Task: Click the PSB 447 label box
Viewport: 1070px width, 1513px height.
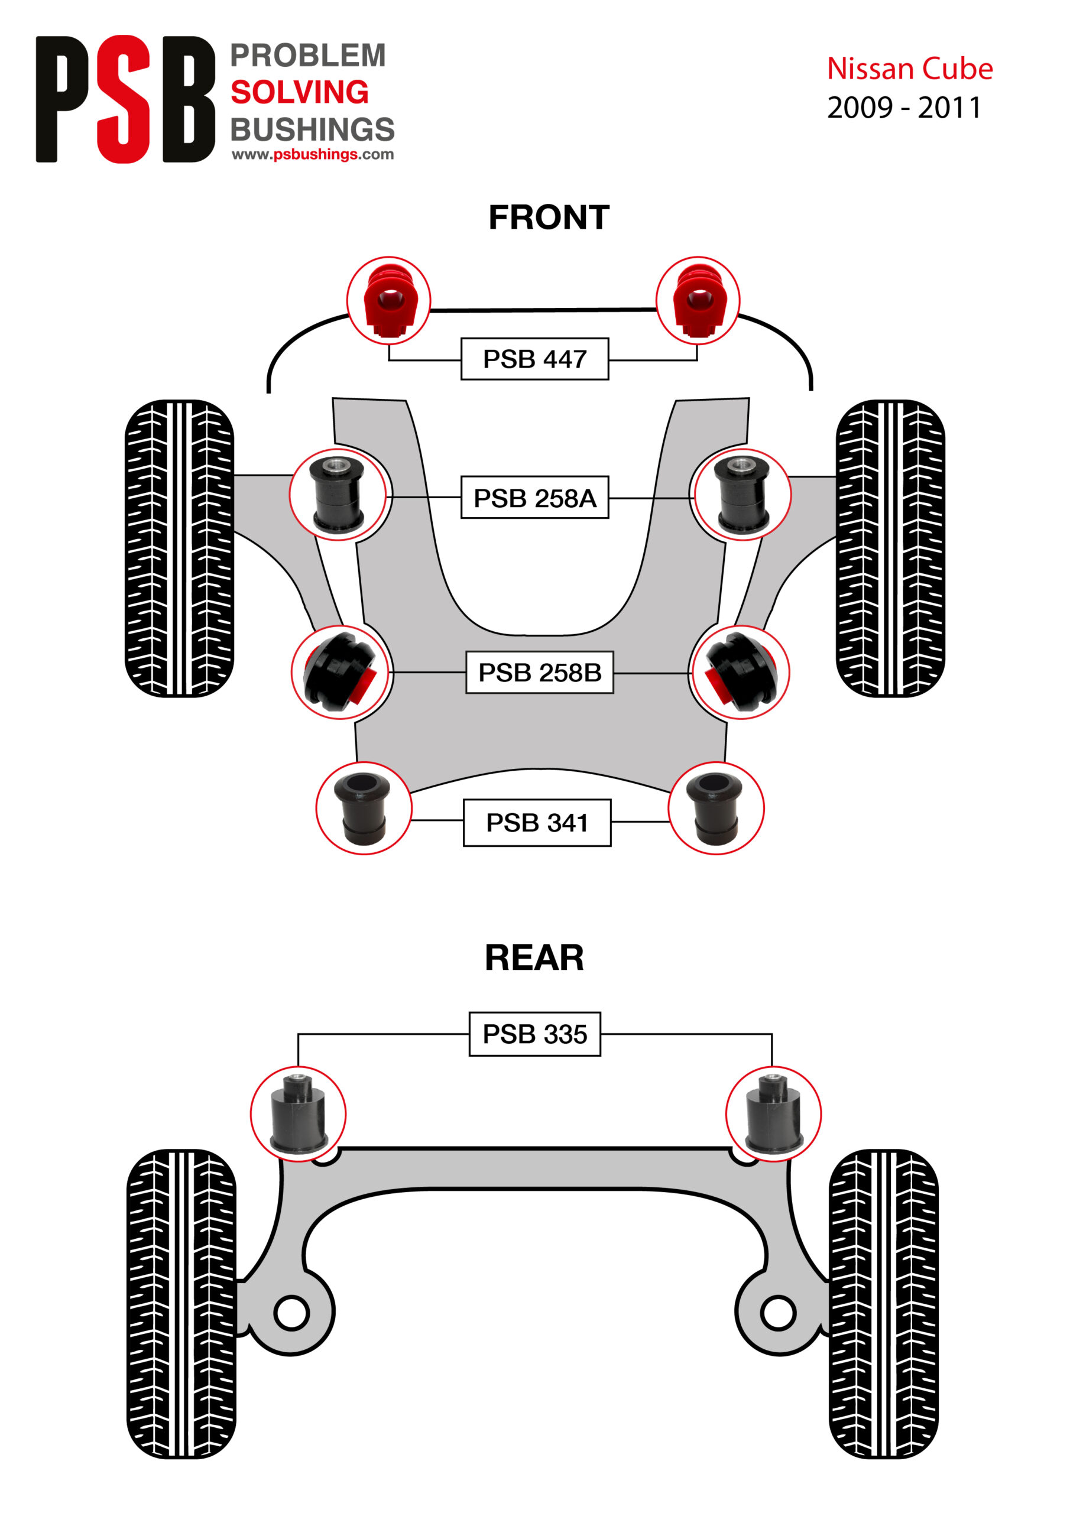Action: coord(534,359)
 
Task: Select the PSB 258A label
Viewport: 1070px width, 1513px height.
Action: coord(534,498)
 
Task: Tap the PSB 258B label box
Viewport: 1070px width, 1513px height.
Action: coord(539,672)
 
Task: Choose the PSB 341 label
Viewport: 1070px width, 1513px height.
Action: coord(537,822)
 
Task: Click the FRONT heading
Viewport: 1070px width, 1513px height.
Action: coord(549,217)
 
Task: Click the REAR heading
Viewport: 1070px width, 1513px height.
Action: coord(534,957)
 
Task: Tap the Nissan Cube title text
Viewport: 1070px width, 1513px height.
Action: coord(910,69)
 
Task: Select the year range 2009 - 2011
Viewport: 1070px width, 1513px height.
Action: coord(904,108)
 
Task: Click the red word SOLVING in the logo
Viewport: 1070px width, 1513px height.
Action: coord(299,92)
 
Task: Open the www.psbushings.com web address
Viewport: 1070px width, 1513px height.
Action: coord(313,154)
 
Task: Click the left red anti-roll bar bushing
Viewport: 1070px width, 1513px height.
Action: coord(389,300)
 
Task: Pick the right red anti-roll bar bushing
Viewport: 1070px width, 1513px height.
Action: coord(698,300)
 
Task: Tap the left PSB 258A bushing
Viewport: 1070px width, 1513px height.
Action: coord(338,494)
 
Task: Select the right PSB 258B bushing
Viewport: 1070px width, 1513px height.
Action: coord(739,672)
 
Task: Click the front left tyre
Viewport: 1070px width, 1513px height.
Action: coord(179,548)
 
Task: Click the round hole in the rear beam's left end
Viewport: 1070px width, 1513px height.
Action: coord(291,1312)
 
